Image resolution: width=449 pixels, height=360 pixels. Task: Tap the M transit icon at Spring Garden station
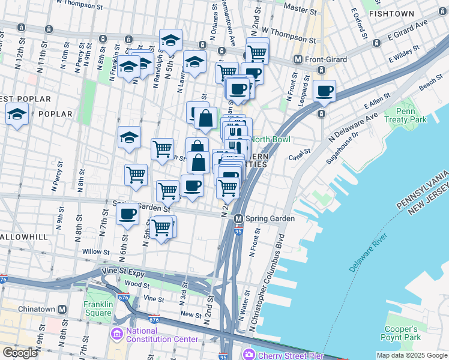238,219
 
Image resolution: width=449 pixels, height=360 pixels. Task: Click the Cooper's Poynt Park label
401,334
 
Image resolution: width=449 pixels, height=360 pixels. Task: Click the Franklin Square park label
98,309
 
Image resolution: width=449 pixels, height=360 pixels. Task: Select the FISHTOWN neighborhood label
391,13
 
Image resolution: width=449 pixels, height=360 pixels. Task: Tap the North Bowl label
270,139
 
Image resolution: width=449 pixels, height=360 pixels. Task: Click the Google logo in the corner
20,353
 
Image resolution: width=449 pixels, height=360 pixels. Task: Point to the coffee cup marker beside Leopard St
324,91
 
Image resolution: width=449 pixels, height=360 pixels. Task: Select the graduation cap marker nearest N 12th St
17,113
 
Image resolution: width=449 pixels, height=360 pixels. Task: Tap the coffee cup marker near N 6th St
127,215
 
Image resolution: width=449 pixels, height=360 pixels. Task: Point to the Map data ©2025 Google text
411,355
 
